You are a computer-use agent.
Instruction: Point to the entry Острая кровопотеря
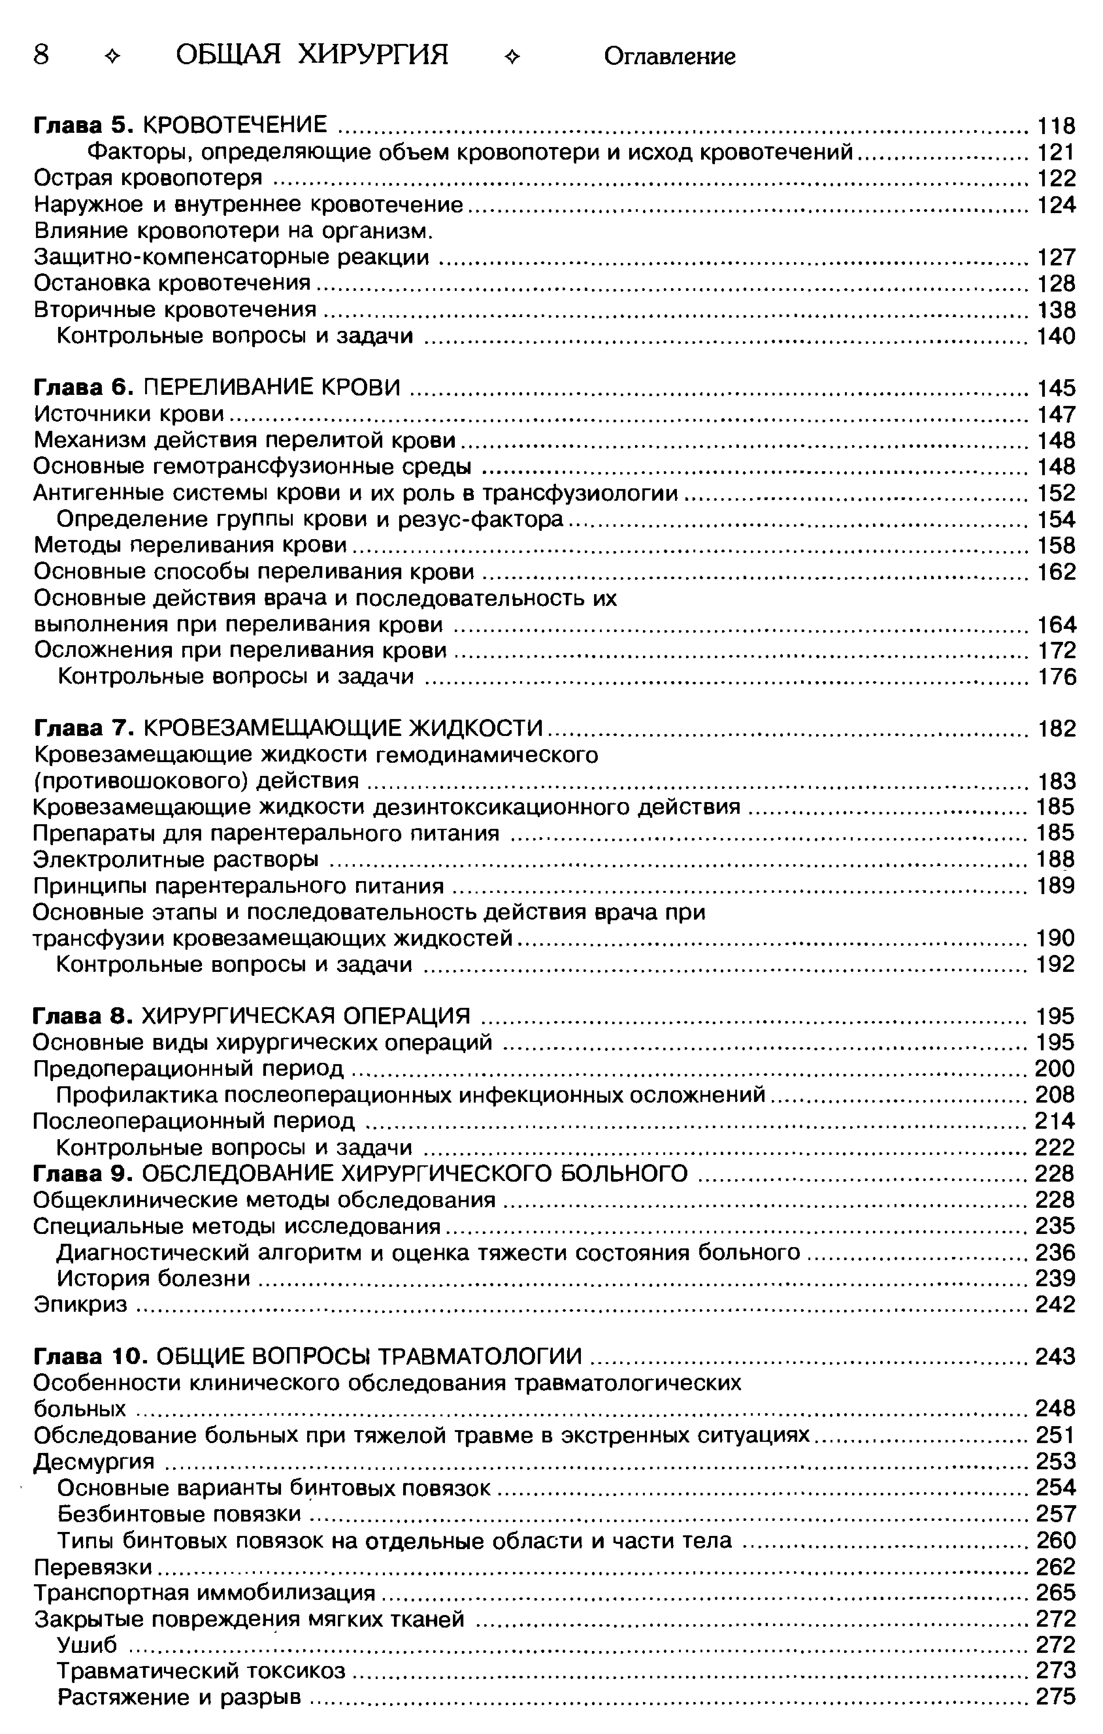click(x=148, y=178)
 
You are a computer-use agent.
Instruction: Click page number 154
click(x=1056, y=519)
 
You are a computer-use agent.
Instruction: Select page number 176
click(x=1056, y=677)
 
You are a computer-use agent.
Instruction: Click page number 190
click(x=1056, y=938)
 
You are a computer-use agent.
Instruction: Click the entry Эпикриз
click(x=81, y=1304)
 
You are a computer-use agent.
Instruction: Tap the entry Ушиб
click(x=86, y=1645)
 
